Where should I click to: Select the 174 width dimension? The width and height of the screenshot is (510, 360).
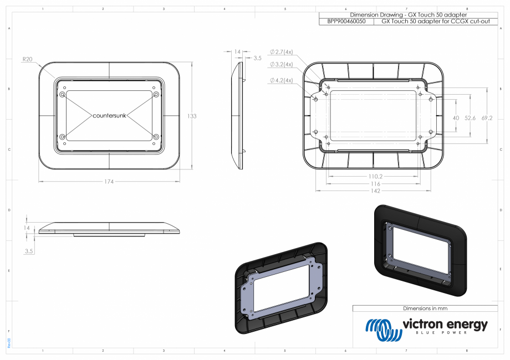pos(109,181)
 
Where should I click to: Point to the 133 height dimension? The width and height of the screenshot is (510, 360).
pos(192,116)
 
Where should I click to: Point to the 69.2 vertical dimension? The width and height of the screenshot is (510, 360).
pos(487,118)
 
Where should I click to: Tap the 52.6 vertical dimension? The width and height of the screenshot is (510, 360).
pos(471,118)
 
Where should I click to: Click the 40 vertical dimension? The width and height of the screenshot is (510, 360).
pos(456,118)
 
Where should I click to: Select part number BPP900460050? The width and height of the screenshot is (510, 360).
pos(346,21)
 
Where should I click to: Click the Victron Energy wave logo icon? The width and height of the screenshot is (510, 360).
pos(382,331)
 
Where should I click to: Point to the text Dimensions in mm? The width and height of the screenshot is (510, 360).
pos(425,308)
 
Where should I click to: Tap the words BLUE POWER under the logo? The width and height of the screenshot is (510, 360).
pos(445,333)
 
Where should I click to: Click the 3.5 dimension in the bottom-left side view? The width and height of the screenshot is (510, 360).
pos(28,251)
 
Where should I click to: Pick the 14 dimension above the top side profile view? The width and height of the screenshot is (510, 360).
pos(237,52)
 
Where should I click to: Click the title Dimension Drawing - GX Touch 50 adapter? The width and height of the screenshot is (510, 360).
pos(409,14)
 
